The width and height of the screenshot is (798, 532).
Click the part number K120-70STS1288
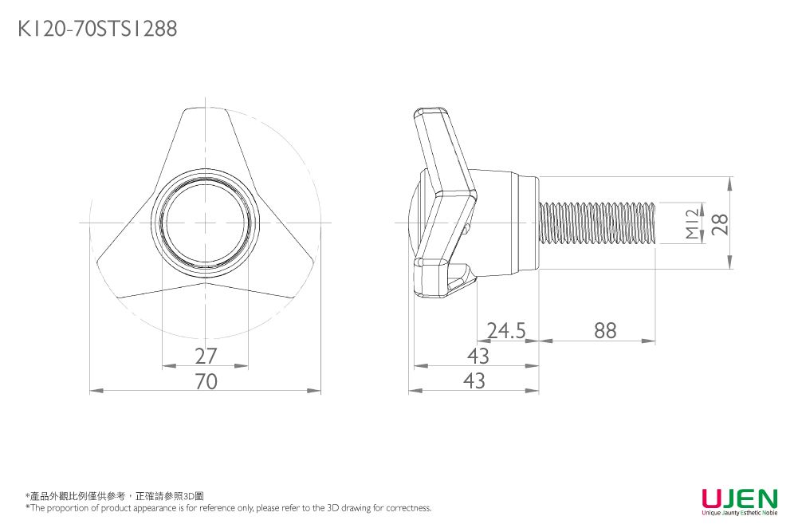(98, 29)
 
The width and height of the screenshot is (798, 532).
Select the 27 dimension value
(206, 356)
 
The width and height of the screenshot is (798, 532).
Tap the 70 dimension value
(206, 381)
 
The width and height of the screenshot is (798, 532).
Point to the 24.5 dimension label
(506, 330)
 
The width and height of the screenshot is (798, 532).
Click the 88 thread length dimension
(605, 330)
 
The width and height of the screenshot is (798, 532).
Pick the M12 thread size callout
(693, 223)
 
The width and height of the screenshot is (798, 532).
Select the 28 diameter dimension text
(720, 224)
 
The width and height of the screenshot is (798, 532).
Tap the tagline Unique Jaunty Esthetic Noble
(740, 513)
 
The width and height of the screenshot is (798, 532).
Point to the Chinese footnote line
(115, 496)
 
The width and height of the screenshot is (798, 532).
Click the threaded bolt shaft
(597, 223)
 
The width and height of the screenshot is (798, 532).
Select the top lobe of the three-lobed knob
(205, 137)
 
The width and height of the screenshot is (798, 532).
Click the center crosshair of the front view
(205, 223)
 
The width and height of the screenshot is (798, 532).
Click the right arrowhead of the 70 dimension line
(315, 391)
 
